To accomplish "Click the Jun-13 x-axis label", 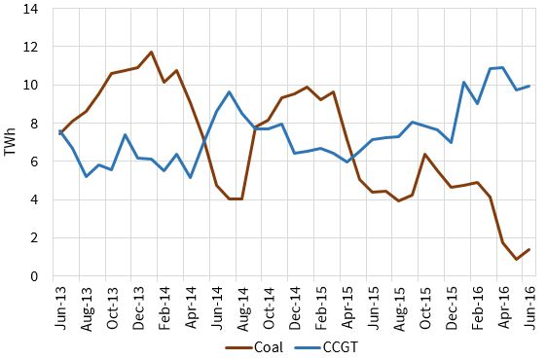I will click(x=60, y=305).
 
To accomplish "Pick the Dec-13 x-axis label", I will click(x=138, y=305).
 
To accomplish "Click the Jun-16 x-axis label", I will click(x=529, y=305).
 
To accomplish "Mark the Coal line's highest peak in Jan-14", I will click(x=151, y=52).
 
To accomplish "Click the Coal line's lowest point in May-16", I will click(x=517, y=260).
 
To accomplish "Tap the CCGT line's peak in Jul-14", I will click(x=229, y=91).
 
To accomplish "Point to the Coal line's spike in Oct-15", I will click(x=425, y=154).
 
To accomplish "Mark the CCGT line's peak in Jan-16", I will click(x=464, y=82).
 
